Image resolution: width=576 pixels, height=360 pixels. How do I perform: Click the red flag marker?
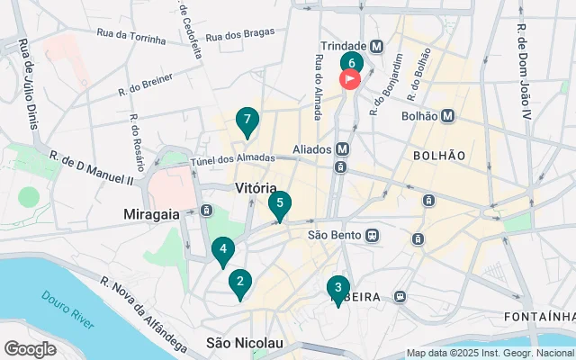coord(349,79)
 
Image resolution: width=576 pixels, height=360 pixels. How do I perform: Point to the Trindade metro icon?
coord(376,46)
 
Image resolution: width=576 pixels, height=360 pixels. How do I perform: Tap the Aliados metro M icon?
coord(342,149)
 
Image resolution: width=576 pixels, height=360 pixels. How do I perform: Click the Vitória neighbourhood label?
coord(255,188)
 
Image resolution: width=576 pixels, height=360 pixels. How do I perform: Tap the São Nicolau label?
coord(245,343)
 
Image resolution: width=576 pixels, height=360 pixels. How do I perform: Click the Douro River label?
coord(68,307)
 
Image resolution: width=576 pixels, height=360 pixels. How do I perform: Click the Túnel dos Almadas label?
coord(232,159)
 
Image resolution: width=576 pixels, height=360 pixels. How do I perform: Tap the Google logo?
coord(30,349)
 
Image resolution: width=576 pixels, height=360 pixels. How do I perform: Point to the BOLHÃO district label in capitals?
coord(439,155)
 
